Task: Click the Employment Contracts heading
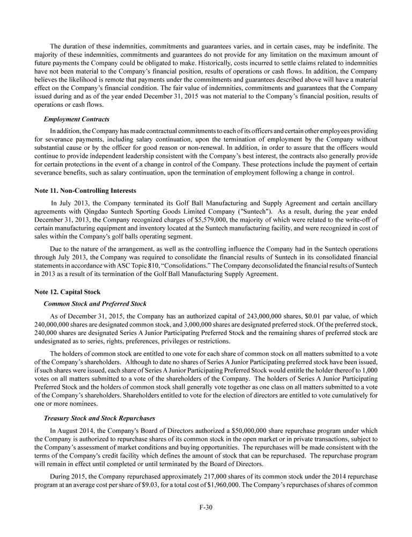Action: pos(76,119)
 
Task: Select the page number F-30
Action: pos(206,506)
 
